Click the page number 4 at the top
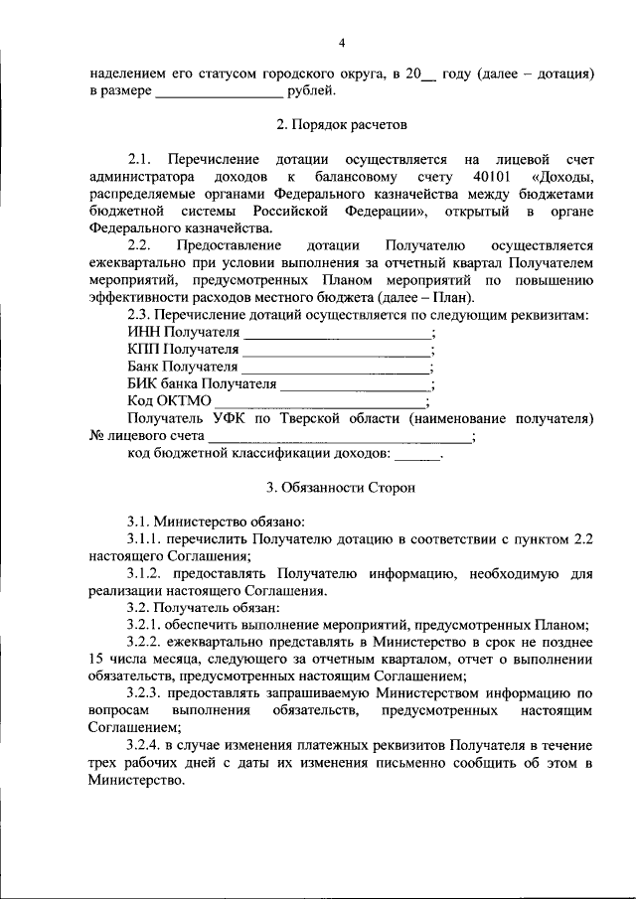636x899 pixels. (341, 42)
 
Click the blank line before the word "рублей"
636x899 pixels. (219, 92)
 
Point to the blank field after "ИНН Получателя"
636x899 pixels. (337, 332)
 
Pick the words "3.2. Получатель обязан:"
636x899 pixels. (203, 607)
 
